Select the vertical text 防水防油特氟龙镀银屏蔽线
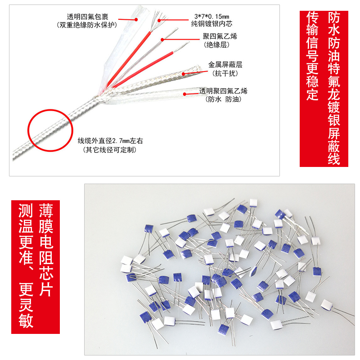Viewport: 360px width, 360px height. coord(334,89)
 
